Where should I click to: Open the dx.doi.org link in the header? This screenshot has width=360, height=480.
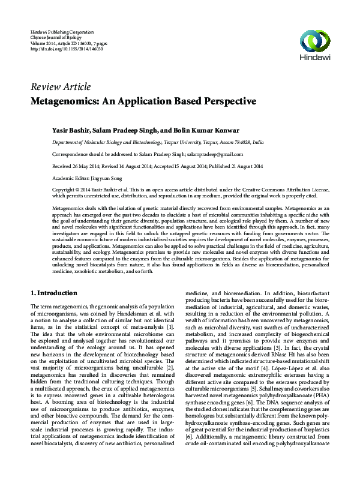(66, 48)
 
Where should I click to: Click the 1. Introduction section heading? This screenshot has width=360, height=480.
(53, 293)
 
